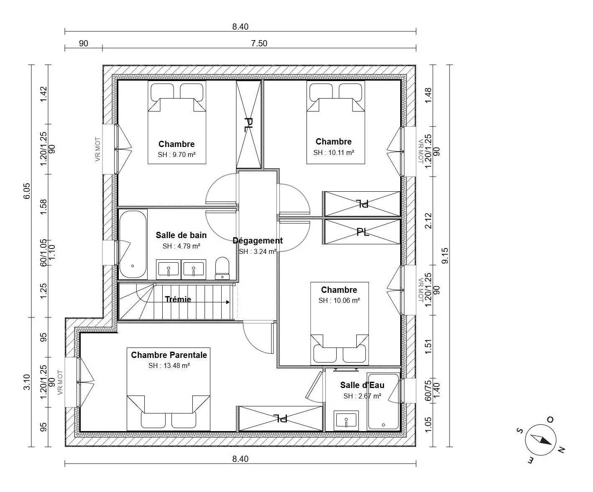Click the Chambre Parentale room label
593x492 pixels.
pos(169,355)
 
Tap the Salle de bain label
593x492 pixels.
pos(181,235)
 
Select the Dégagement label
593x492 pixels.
pos(258,241)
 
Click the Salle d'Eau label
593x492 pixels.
pos(362,385)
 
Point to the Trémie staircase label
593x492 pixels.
pos(178,299)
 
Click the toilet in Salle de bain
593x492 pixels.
pos(222,268)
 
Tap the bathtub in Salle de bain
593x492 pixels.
pos(133,244)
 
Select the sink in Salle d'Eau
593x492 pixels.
pos(346,420)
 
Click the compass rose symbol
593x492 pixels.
pos(540,440)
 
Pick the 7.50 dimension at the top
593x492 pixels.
pos(259,43)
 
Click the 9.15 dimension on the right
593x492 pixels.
pos(445,256)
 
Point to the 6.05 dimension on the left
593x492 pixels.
pos(26,191)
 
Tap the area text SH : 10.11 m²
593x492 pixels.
pos(334,152)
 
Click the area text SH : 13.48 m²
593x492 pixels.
pos(169,365)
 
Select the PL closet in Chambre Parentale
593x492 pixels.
pos(280,419)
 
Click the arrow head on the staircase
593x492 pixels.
pos(228,302)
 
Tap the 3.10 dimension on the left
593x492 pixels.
pos(26,382)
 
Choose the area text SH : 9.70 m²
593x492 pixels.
pos(176,155)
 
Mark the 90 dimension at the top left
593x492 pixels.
pos(84,43)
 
